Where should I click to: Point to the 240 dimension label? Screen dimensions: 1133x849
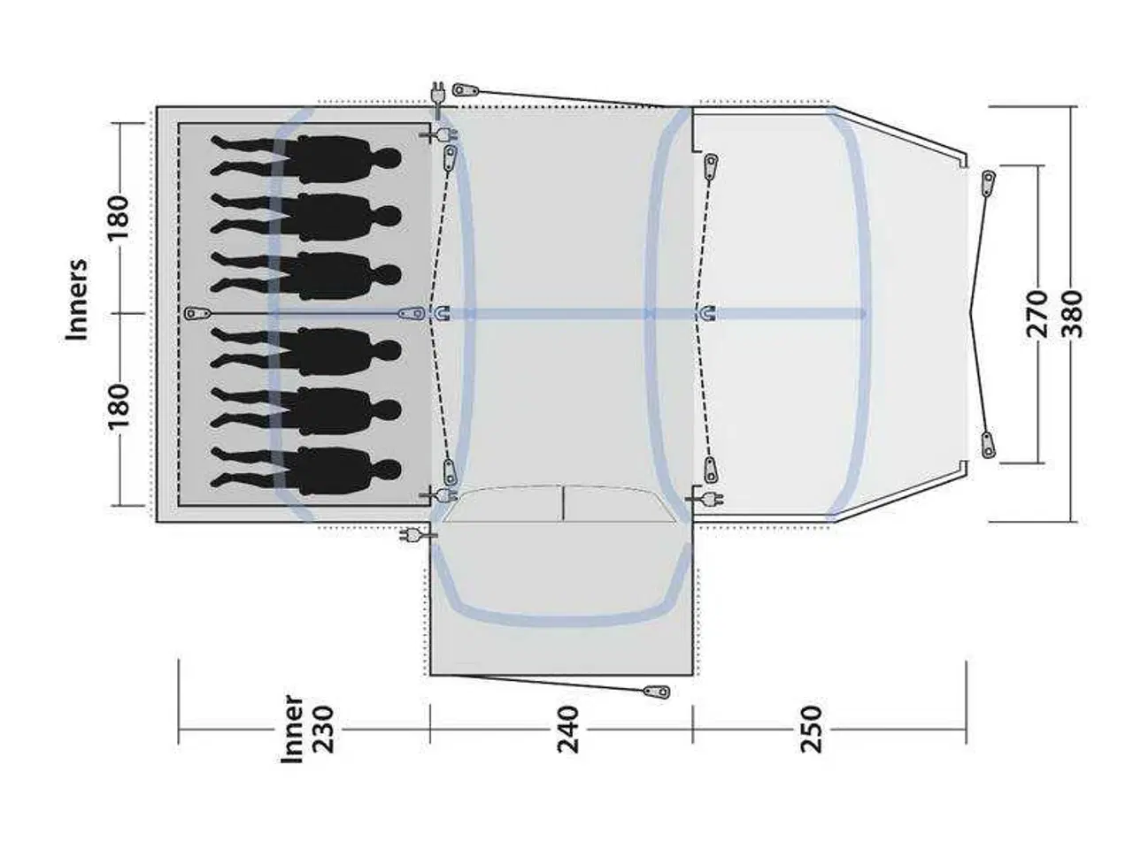pos(568,729)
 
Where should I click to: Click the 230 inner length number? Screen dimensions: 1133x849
pos(325,729)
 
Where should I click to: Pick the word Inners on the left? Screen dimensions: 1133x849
pos(76,300)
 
